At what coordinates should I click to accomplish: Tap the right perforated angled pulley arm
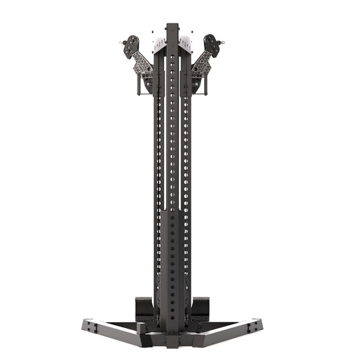pyautogui.click(x=202, y=67)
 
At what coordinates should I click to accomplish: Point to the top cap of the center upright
pyautogui.click(x=173, y=27)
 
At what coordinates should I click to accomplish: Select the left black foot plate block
pyautogui.click(x=145, y=307)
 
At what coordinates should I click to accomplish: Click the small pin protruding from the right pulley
pyautogui.click(x=225, y=46)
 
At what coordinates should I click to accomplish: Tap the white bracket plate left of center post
pyautogui.click(x=157, y=44)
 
